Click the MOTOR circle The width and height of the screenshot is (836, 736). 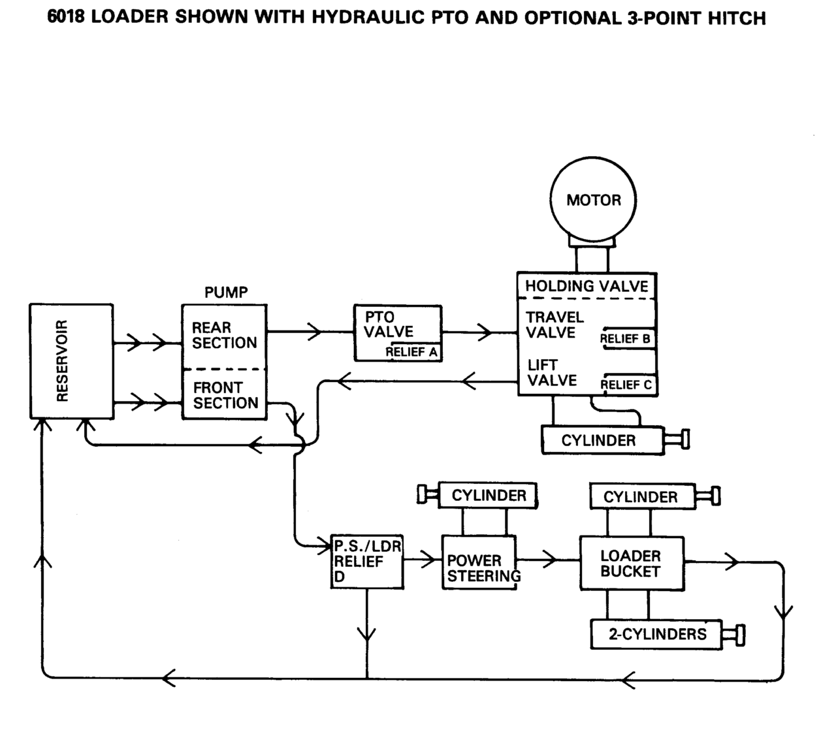[593, 200]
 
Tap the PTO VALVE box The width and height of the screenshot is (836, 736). [397, 332]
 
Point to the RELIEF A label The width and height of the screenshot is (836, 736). [411, 353]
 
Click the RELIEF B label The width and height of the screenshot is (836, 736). [625, 339]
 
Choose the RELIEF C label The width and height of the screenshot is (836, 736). [626, 385]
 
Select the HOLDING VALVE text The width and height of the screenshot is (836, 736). [587, 286]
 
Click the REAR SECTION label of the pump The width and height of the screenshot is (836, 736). [224, 335]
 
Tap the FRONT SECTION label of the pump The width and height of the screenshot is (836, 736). [225, 395]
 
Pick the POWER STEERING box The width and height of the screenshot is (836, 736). [480, 563]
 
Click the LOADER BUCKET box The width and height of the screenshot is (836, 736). [631, 564]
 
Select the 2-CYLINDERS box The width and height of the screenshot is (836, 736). [656, 634]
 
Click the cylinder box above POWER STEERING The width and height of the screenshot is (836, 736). [488, 496]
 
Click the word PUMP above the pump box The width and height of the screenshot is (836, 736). [226, 292]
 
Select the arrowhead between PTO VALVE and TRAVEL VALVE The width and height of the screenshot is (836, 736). [484, 332]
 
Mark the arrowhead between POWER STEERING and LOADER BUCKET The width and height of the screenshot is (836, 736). [549, 560]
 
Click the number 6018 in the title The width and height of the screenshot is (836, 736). [66, 18]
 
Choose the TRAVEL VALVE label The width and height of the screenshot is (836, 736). [555, 325]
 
